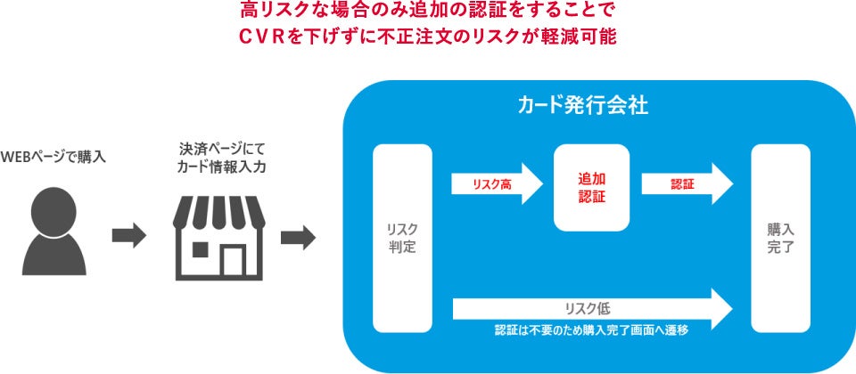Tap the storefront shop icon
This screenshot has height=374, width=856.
tap(219, 236)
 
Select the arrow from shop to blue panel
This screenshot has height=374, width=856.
tap(298, 237)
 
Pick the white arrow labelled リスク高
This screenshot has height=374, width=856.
tap(496, 184)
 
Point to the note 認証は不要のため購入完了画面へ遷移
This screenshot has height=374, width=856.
tap(591, 330)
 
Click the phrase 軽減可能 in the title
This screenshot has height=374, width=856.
tap(584, 38)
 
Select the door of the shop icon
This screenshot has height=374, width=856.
tap(234, 260)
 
